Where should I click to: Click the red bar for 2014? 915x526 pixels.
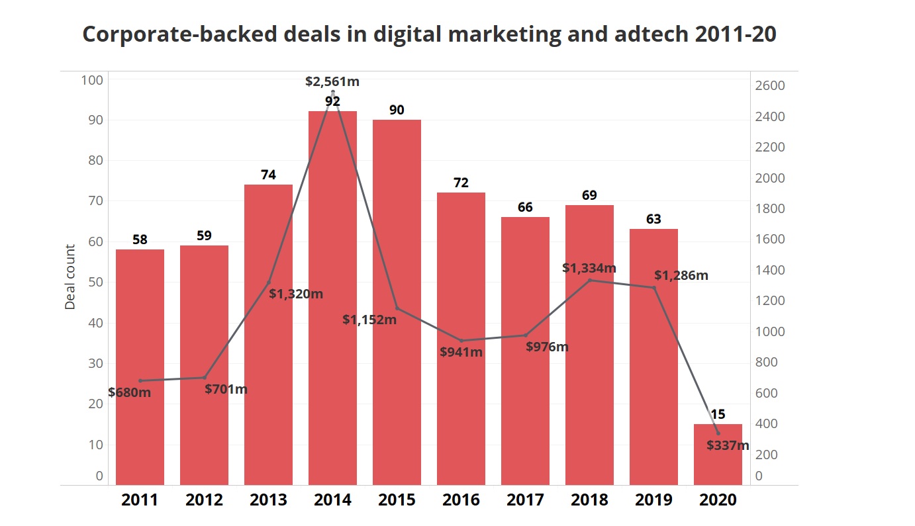click(332, 298)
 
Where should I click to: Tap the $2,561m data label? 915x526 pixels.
click(332, 82)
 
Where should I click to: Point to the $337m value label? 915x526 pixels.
click(728, 445)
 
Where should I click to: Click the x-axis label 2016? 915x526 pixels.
click(461, 500)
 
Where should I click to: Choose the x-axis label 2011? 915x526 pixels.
click(140, 500)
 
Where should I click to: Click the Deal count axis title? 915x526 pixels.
click(70, 277)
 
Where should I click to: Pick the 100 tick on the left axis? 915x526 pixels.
click(92, 80)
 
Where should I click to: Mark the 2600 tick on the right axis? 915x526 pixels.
click(770, 86)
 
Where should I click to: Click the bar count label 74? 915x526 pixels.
click(268, 175)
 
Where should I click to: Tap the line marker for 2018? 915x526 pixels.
click(589, 280)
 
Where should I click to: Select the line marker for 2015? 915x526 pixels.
click(397, 308)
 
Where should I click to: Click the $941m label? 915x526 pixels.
click(461, 352)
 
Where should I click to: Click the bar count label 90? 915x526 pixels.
click(397, 110)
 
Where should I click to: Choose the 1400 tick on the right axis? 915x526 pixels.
click(770, 270)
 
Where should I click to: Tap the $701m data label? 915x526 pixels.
click(226, 389)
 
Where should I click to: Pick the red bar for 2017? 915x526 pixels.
click(525, 351)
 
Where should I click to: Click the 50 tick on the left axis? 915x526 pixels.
click(96, 283)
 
